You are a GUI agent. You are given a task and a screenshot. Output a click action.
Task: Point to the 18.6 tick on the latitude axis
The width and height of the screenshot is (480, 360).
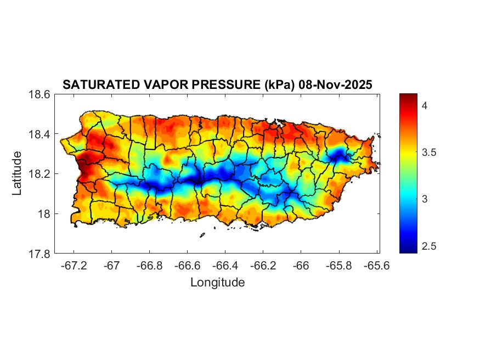[39, 94]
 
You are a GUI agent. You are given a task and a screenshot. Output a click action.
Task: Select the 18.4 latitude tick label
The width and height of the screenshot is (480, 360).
[39, 134]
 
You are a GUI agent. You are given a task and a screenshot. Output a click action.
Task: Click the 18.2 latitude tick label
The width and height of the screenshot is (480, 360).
[39, 174]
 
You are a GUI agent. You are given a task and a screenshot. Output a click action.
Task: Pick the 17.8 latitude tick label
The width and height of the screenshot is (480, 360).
[39, 254]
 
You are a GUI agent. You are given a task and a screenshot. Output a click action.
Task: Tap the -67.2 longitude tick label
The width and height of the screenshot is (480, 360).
[74, 266]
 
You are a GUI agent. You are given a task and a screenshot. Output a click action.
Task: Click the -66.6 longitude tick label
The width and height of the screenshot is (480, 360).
[188, 266]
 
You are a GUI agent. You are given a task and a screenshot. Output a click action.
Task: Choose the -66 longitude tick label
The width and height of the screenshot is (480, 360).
[301, 266]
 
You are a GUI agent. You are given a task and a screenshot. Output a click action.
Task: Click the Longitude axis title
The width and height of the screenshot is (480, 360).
[217, 283]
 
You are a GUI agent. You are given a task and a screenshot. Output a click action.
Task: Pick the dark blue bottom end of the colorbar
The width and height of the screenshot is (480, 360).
[408, 250]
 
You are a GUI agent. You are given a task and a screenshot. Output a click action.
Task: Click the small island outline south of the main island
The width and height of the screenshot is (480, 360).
[202, 235]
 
